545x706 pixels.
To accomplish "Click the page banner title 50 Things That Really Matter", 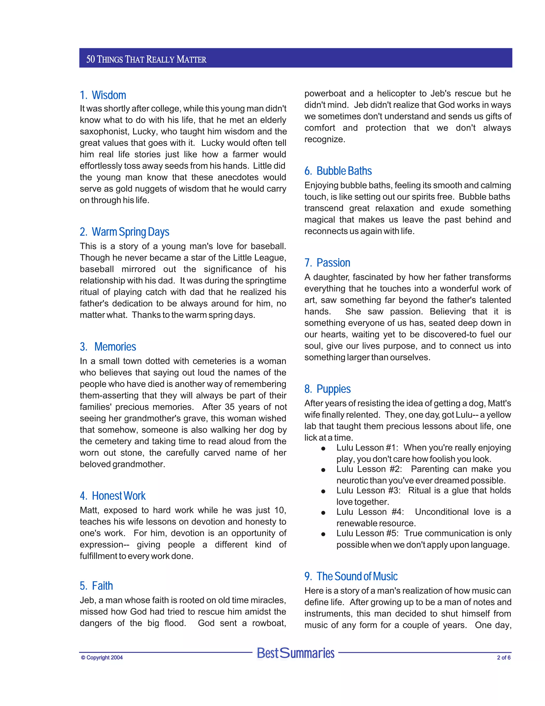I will click(x=146, y=59).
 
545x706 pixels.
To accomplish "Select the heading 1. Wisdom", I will click(x=103, y=95).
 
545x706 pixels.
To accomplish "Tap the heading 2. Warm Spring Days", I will click(x=124, y=232).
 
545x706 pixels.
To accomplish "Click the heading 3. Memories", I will click(x=108, y=347).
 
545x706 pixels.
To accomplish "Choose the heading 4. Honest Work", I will click(x=112, y=496).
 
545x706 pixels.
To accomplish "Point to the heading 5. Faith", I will click(x=96, y=586).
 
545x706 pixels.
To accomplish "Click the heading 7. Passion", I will click(x=327, y=263).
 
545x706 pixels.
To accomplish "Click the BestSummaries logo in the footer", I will click(x=295, y=653).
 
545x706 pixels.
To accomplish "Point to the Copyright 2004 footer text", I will click(x=102, y=658).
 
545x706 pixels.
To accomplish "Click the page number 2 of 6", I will click(x=504, y=658).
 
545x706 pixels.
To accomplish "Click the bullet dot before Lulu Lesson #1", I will click(x=323, y=449).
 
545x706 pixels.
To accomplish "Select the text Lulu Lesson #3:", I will click(x=368, y=490).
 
